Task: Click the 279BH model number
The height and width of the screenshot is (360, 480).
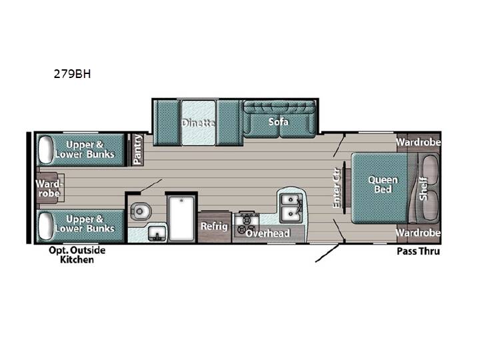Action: [72, 74]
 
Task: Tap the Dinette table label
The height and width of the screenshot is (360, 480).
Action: [198, 123]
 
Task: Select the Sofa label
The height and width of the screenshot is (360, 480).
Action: [278, 122]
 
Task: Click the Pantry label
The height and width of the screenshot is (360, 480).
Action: [137, 149]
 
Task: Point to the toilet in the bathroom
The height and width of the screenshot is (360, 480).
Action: [141, 211]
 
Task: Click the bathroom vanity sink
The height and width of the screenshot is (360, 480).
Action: [157, 234]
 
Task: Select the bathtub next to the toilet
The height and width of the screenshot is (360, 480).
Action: [181, 219]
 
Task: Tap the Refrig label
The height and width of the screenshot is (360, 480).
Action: [214, 226]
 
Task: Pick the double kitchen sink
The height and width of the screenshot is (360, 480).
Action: [291, 208]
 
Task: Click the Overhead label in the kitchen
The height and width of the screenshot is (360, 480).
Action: [268, 233]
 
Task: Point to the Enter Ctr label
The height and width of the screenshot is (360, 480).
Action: [337, 187]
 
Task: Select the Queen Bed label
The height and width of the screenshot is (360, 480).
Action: [383, 184]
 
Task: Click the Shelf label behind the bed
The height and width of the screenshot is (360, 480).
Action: [423, 189]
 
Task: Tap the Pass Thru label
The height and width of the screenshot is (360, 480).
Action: [419, 251]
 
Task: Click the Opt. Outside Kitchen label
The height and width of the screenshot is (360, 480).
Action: [77, 255]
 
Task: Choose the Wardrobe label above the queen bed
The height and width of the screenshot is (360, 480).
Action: [419, 142]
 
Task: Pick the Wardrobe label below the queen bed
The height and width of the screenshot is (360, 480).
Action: [419, 233]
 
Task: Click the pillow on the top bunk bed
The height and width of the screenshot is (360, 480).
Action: [45, 149]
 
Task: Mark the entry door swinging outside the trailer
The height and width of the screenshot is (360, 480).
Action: [327, 253]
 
